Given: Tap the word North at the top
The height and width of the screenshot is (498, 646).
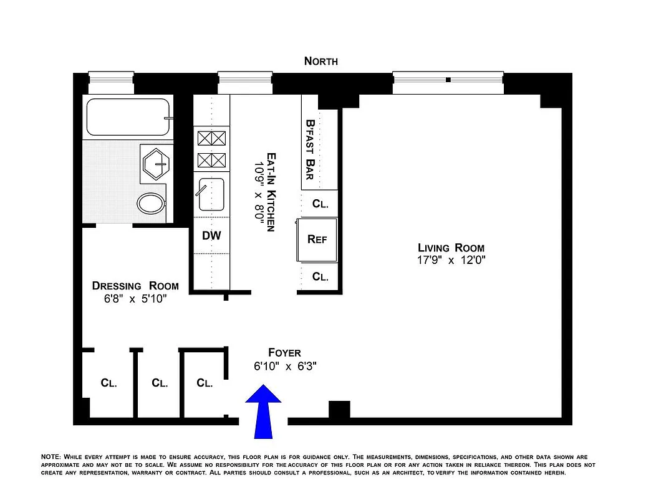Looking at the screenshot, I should coord(321,61).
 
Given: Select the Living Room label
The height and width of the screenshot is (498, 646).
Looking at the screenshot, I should coord(451,248).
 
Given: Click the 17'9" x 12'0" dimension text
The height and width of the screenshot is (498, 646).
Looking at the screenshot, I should coord(451,260).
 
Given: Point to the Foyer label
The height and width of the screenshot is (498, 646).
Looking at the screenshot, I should coord(284,353).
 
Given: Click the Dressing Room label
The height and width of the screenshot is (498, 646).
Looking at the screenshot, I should coord(135,286).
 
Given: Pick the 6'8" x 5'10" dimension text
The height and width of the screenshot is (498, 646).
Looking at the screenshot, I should coord(135,299).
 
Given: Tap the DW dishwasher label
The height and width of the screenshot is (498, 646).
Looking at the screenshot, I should coord(211,236).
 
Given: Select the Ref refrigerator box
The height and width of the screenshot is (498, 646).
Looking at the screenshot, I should coord(317,240).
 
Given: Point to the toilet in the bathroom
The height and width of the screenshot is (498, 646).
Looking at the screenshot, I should coord(151,203).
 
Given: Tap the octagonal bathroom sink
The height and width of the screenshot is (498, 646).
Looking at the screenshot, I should coord(156,163).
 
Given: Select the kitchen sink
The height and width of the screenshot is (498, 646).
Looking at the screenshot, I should coord(211,195).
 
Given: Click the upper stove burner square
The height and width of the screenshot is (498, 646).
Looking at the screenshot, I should coord(211,138).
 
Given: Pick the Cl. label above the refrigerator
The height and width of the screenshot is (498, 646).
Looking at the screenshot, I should coord(320,204).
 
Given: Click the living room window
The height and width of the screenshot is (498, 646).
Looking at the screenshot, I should coord(448,83).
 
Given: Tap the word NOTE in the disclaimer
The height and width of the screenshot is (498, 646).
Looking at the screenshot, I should coord(51,457).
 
